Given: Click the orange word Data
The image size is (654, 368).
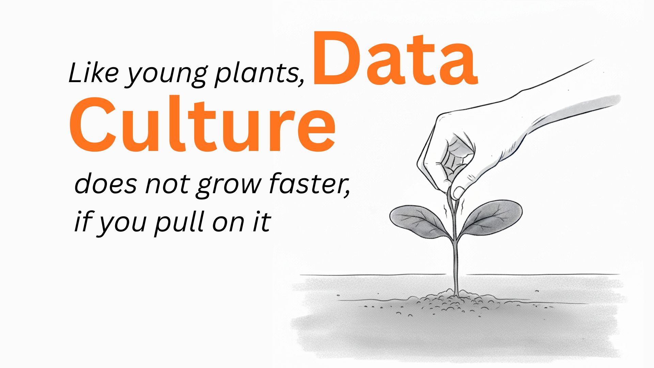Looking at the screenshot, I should pyautogui.click(x=395, y=59).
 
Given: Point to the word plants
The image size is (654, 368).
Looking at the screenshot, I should pyautogui.click(x=259, y=73).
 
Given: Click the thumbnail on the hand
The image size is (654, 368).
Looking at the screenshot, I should pyautogui.click(x=458, y=193).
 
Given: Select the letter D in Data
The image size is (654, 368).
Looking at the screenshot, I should pyautogui.click(x=337, y=59).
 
